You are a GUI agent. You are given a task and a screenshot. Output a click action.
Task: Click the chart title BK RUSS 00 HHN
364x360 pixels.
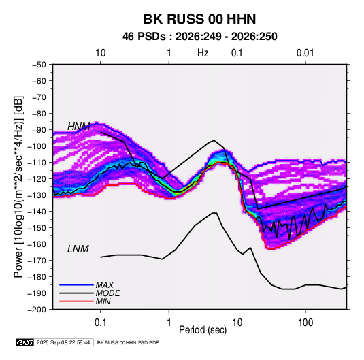point(199,19)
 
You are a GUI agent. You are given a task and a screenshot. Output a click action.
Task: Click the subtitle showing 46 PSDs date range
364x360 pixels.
point(200,37)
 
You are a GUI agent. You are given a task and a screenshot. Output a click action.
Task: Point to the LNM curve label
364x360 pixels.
point(78,249)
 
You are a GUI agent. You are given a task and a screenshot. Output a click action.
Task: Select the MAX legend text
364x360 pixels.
point(105,285)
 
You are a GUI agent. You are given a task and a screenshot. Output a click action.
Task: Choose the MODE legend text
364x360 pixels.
point(108,293)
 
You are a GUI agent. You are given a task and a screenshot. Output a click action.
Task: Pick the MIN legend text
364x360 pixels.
point(103,301)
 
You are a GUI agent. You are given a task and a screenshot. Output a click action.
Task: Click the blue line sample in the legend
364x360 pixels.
point(76,285)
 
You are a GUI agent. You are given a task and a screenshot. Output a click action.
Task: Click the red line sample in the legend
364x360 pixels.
point(76,301)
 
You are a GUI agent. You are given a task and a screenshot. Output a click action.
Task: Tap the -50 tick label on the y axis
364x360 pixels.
point(39,65)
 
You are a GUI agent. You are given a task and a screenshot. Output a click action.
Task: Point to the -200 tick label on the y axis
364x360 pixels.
point(37,310)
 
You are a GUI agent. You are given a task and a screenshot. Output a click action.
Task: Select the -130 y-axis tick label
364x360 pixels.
point(37,195)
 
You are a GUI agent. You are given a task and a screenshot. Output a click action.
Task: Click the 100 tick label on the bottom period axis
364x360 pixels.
point(305,323)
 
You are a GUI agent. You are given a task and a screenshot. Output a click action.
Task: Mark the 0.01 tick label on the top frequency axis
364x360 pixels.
point(305,53)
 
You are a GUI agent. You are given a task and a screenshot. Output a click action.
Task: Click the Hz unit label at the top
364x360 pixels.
point(203,53)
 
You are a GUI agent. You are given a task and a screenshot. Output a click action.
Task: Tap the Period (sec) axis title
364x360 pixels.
point(203,330)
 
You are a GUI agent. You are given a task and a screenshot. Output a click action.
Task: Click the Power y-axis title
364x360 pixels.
point(18,187)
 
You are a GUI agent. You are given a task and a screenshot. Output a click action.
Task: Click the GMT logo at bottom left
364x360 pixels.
point(25,342)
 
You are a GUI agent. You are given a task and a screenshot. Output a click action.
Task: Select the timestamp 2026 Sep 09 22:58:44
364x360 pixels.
point(63,342)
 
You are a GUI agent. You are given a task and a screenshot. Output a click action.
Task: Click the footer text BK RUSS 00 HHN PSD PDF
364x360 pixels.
point(128,342)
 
